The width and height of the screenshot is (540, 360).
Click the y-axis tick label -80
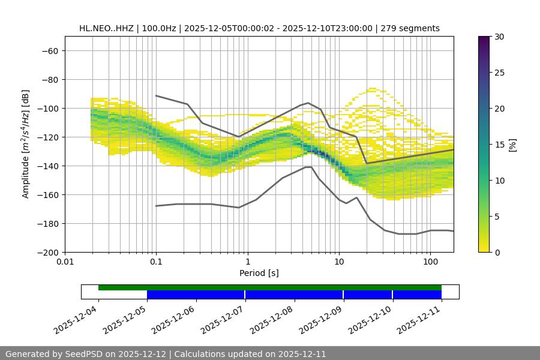coord(49,79)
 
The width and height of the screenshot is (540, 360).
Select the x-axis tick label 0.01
coord(65,262)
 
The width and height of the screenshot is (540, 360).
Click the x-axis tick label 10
coord(339,262)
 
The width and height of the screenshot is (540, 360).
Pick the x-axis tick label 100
coord(430,262)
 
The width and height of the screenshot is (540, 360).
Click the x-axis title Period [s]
coord(259,273)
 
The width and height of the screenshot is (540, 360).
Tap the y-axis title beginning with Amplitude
coord(26,144)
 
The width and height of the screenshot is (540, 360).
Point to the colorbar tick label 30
coord(499,37)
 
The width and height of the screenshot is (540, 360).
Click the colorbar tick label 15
coord(499,145)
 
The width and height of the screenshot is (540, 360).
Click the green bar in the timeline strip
coord(270,287)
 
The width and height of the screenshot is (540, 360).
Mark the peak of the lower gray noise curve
coord(308,167)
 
